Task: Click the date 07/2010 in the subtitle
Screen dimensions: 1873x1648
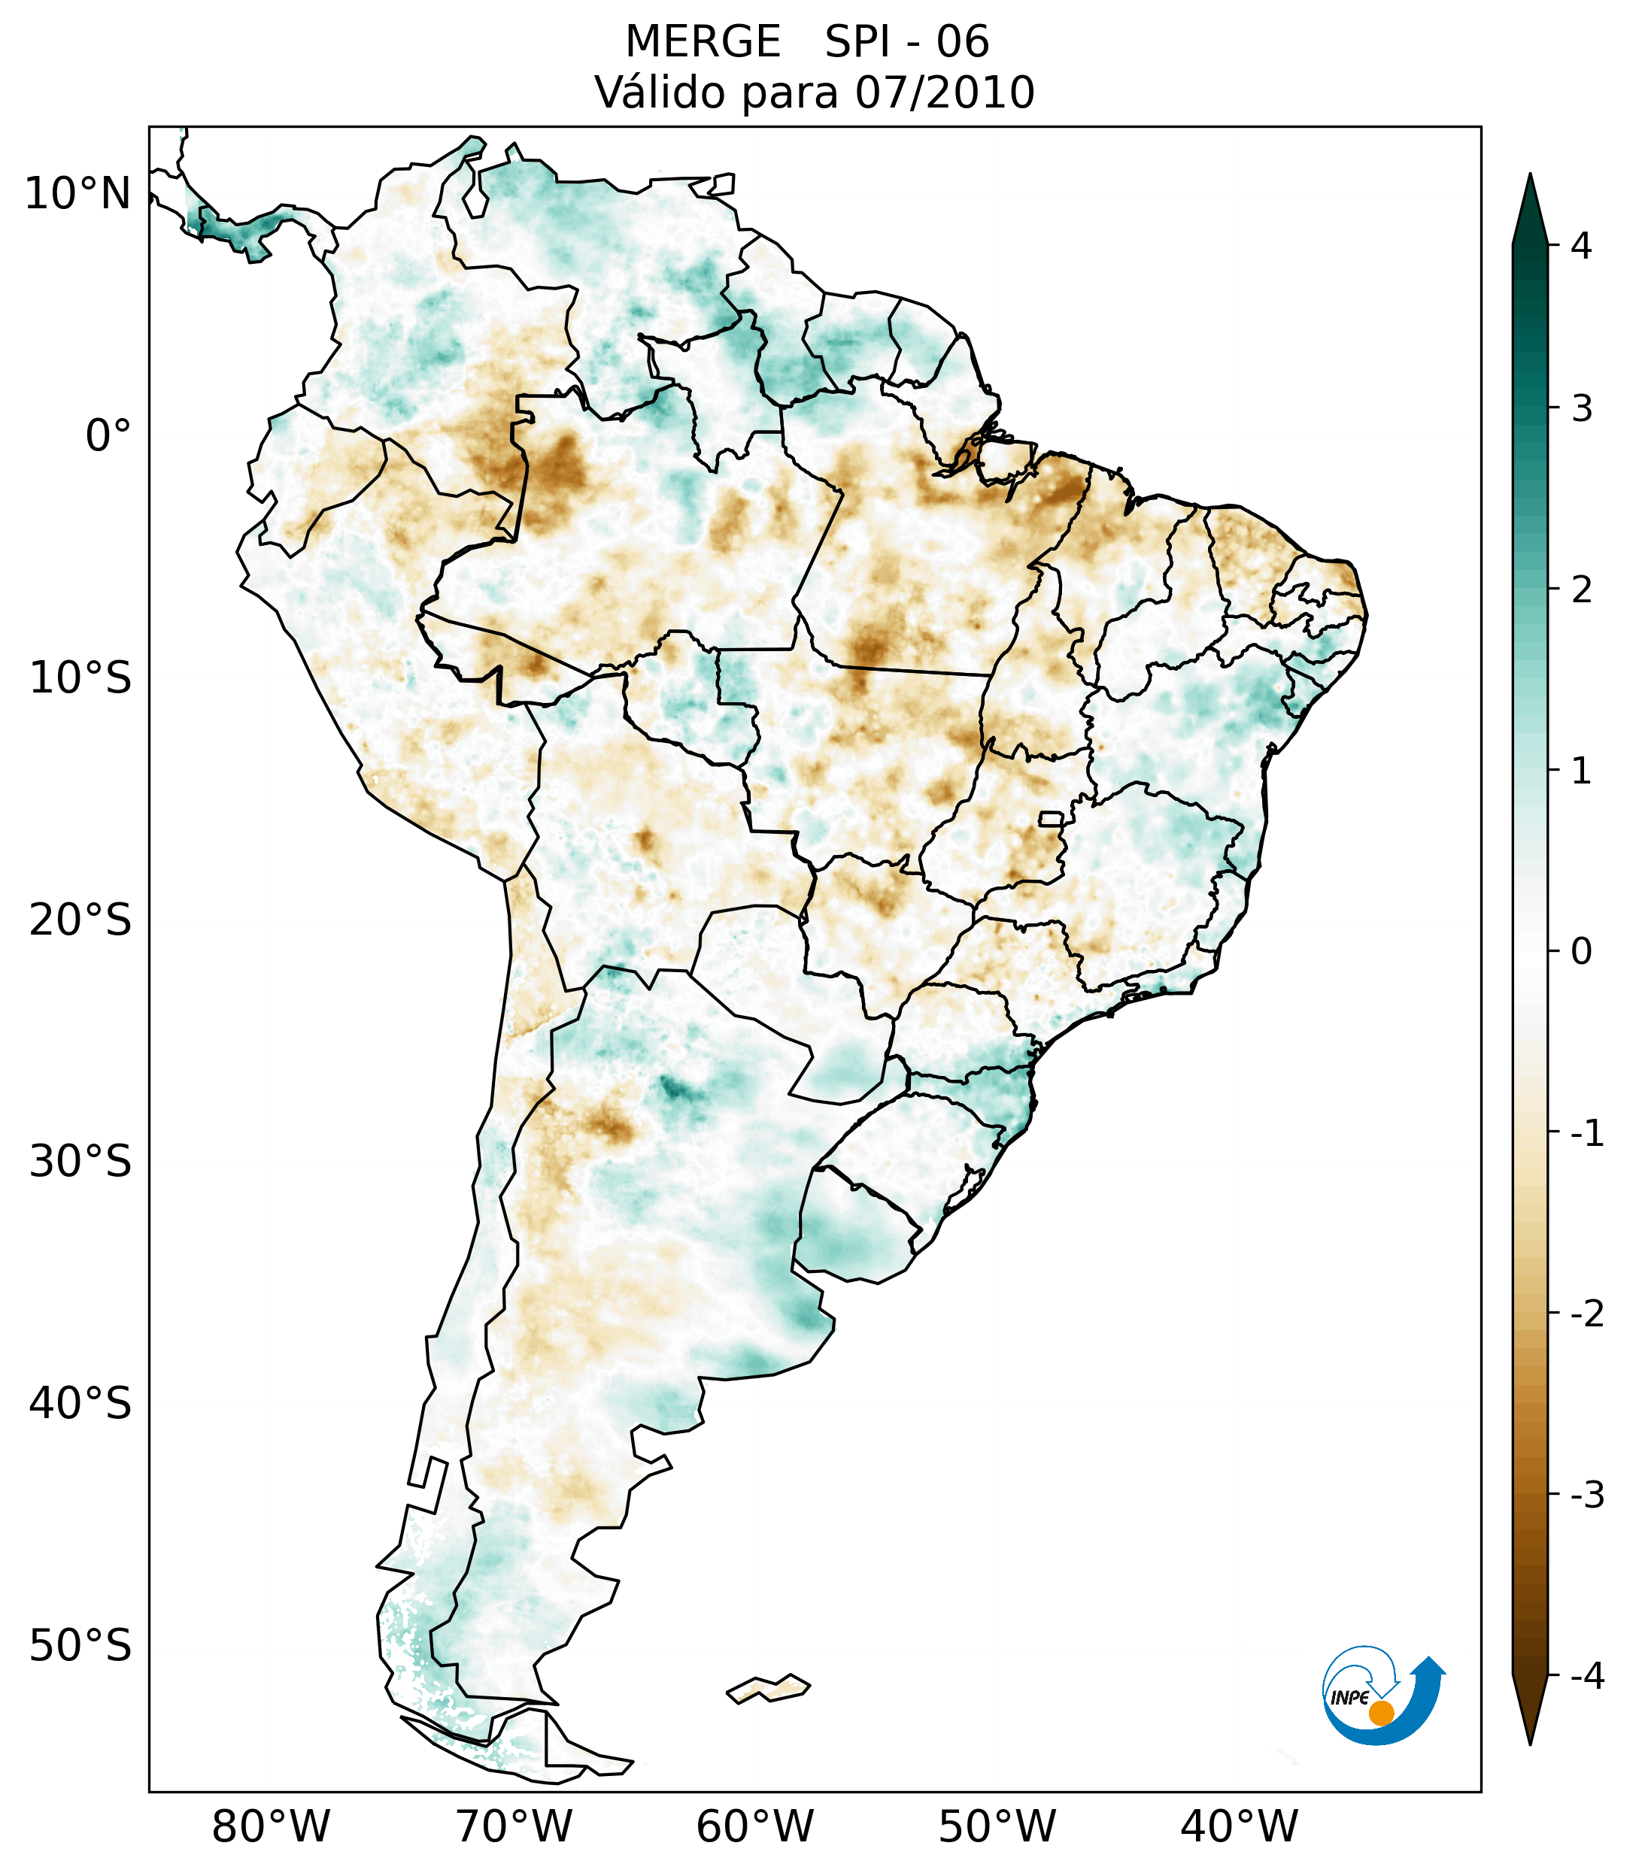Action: point(944,92)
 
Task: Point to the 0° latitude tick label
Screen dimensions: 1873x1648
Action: point(108,436)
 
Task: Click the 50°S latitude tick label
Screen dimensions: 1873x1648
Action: point(80,1647)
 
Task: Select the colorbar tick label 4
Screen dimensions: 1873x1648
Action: point(1581,246)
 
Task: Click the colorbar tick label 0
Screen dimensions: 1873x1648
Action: point(1581,952)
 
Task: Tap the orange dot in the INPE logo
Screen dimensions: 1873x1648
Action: point(1381,1713)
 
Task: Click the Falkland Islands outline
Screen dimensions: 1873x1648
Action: point(768,1688)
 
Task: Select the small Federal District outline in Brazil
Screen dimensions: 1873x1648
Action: point(1052,818)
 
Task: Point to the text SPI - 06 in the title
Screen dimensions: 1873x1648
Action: point(906,42)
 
